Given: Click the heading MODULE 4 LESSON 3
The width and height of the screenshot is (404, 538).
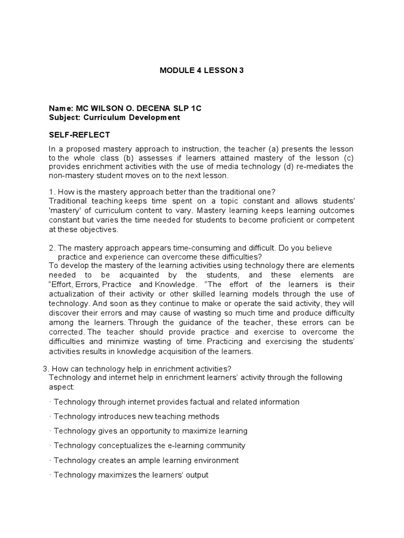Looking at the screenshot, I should tap(202, 70).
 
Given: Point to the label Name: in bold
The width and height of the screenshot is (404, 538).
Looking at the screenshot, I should tap(61, 108).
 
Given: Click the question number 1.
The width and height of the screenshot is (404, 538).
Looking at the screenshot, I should tap(50, 191).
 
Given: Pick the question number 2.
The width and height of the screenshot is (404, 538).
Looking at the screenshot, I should tap(50, 247).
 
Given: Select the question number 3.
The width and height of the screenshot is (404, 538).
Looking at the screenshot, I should tap(44, 368).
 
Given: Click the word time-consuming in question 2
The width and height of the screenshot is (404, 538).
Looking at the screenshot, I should tap(181, 247).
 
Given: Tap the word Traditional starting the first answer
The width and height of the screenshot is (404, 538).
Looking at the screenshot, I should tap(67, 201).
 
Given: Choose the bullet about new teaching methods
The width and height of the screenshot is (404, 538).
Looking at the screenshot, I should tap(136, 416).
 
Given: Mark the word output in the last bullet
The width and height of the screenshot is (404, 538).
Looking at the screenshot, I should tap(197, 475).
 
